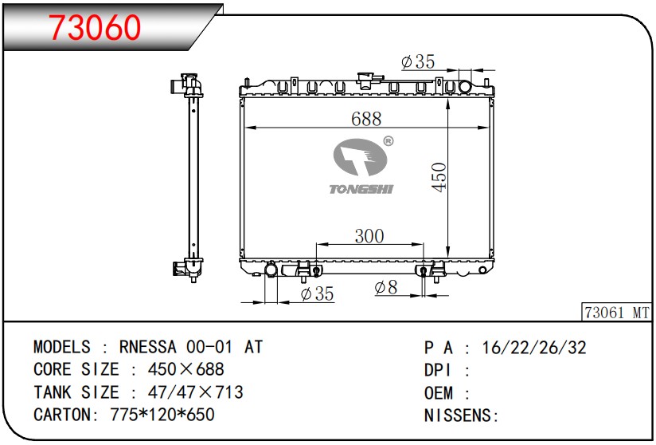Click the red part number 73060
pos(95,28)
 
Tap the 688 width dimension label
pos(366,119)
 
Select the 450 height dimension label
pos(439,177)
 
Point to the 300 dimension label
pos(369,236)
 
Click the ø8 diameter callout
pos(386,287)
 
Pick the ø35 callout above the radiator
pos(418,61)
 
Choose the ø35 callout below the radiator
pos(317,293)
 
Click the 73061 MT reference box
pos(617,312)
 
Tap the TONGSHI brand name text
pos(361,189)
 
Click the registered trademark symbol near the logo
pos(389,141)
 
